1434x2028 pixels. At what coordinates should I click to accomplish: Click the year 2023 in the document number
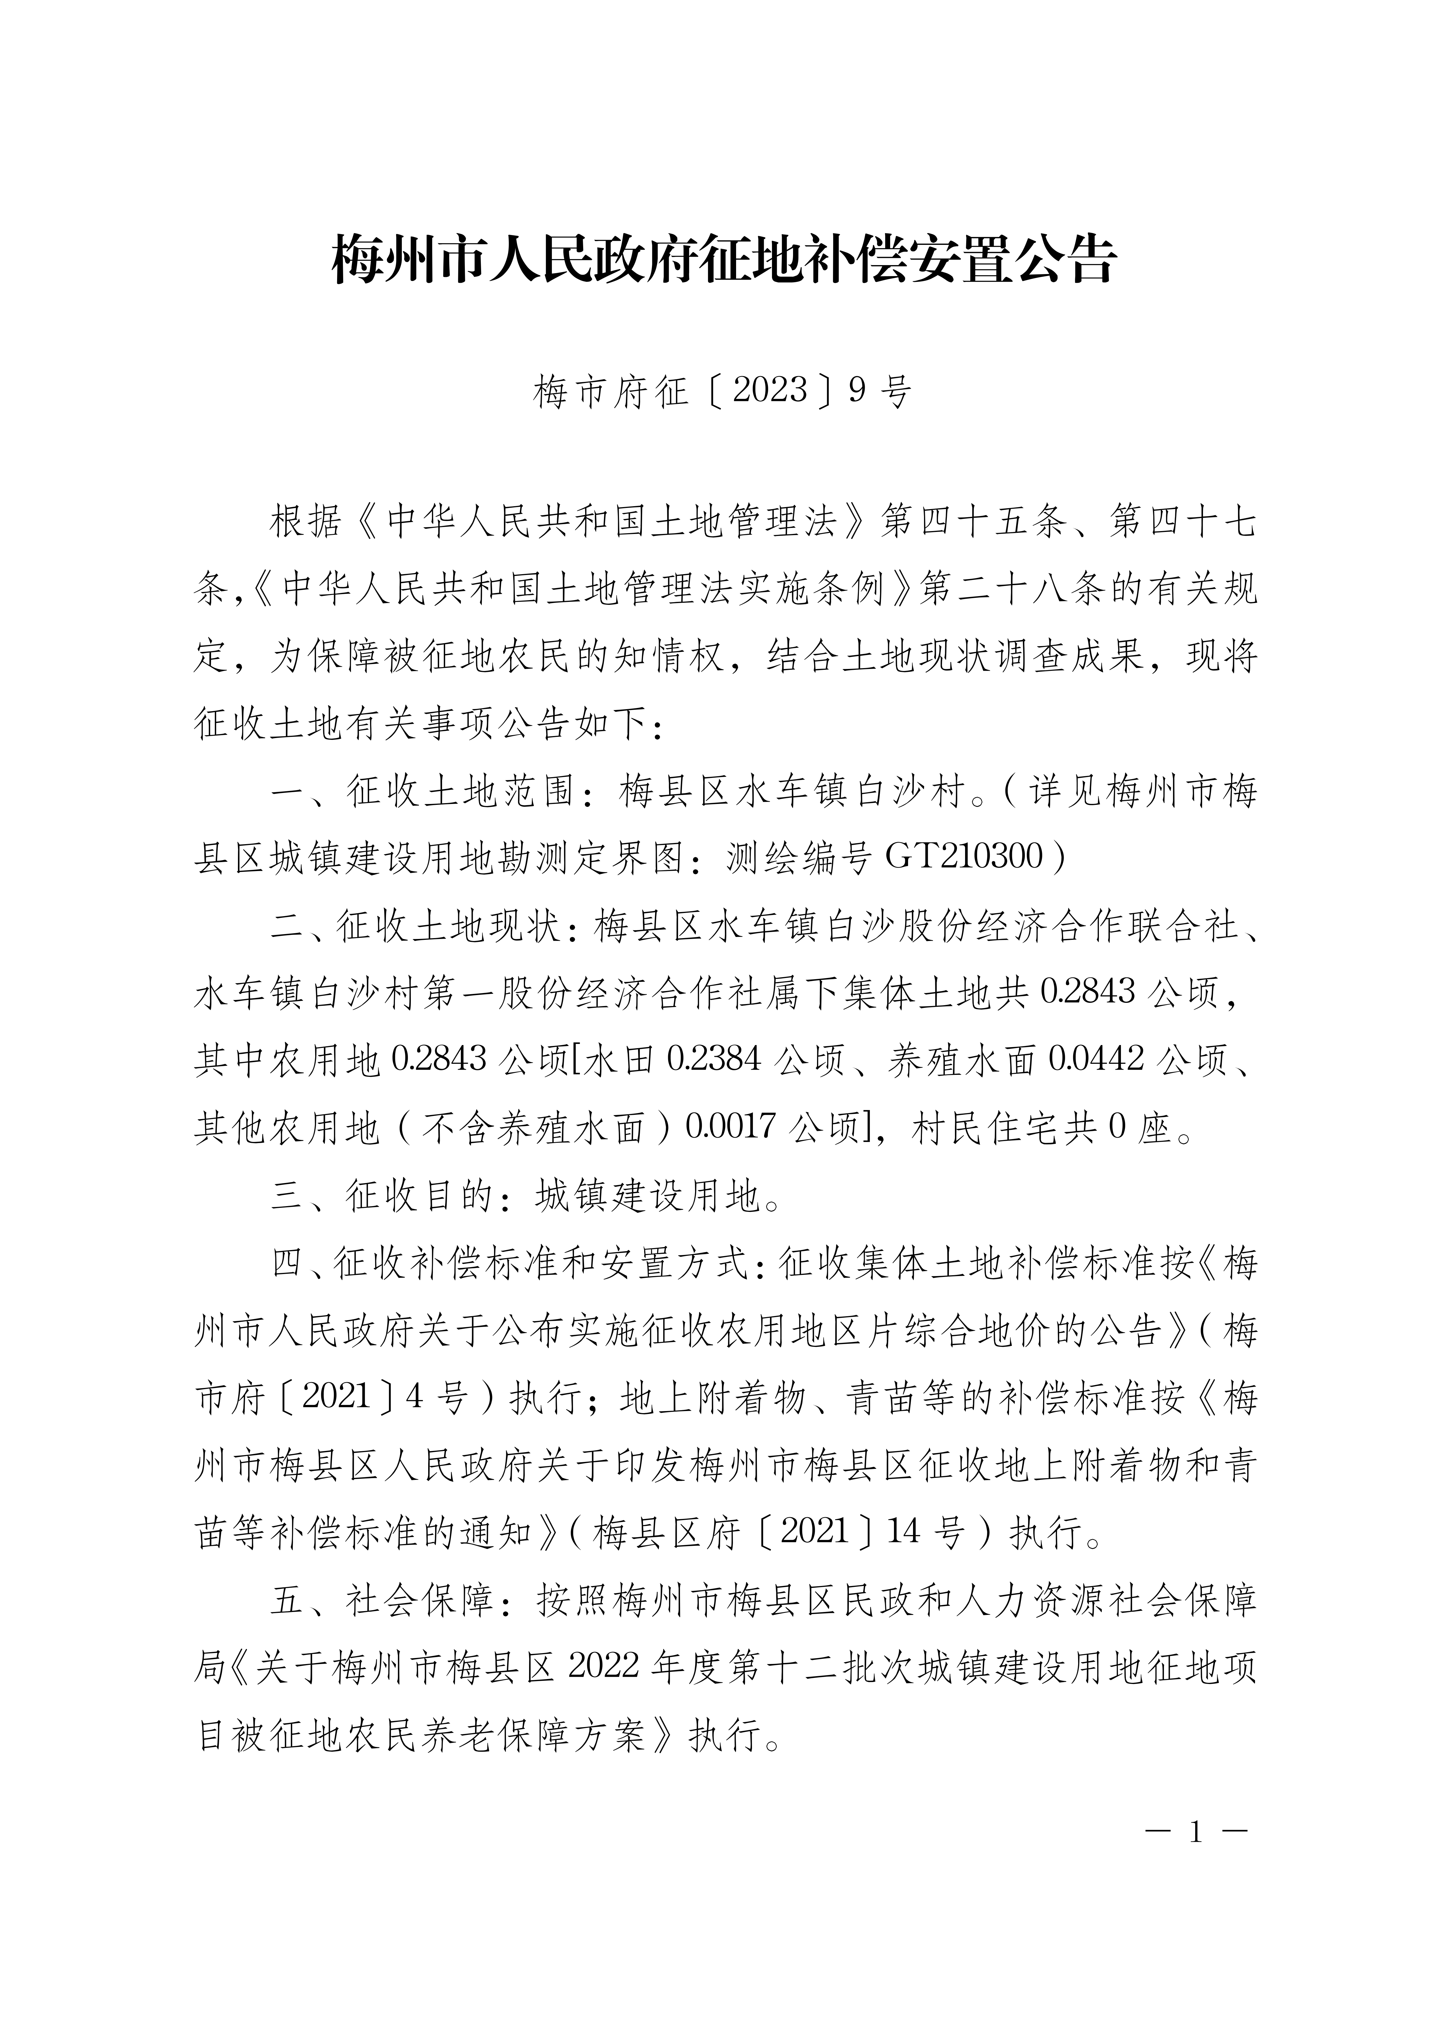coord(770,389)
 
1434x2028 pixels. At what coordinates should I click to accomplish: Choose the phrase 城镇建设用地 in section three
coord(647,1196)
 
